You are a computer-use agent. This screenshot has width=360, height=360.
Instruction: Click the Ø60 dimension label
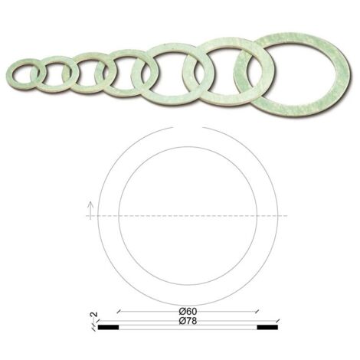coord(188,311)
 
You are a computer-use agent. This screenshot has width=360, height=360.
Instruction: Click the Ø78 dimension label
coord(188,321)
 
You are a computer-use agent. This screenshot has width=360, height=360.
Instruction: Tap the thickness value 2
coord(94,314)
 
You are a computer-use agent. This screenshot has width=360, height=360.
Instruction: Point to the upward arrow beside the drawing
coord(90,210)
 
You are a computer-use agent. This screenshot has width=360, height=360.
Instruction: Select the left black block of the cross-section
coord(108,327)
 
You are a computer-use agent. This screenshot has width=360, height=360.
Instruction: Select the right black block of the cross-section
coord(267,327)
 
